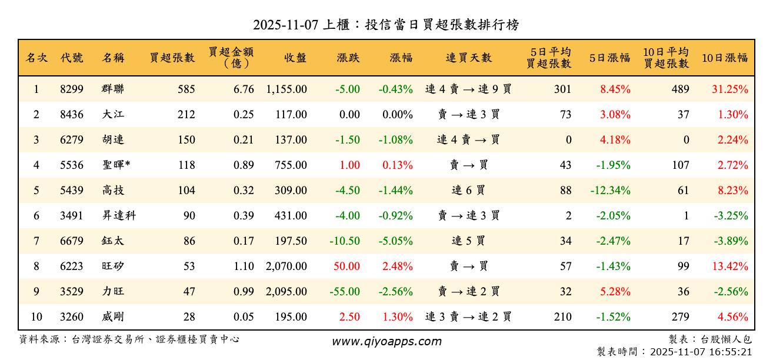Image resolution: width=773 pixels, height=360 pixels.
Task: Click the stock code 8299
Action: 72,89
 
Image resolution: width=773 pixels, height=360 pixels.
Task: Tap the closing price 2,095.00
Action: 286,292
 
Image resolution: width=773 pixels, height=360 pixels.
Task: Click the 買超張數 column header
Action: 172,58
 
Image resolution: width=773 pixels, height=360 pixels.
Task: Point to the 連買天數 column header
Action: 468,58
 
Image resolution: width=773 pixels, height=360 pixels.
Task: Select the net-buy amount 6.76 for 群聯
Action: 244,89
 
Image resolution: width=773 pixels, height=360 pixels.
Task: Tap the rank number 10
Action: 36,317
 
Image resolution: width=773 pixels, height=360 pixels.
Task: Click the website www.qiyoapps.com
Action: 386,342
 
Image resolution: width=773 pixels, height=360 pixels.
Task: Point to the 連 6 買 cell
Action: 468,191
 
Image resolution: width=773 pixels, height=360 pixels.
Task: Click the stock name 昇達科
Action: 118,216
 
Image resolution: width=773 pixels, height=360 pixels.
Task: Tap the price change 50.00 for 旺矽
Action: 346,266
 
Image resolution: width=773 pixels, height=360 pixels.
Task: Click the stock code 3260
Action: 72,317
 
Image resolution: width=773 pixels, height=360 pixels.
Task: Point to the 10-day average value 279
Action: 680,317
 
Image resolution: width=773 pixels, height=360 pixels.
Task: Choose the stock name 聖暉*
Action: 116,165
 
